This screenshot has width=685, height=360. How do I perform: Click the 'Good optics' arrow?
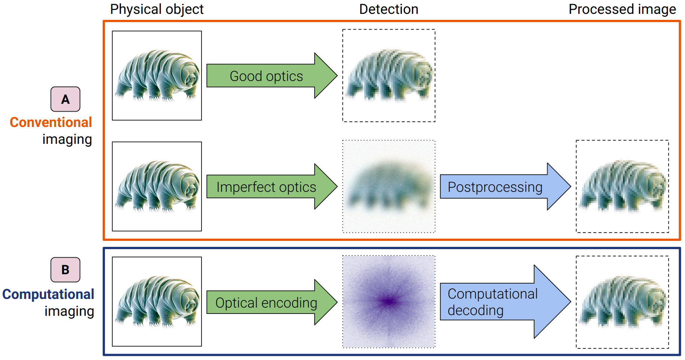(267, 76)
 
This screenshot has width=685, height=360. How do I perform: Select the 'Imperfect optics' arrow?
(267, 187)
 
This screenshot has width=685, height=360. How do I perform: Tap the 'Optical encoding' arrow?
(267, 303)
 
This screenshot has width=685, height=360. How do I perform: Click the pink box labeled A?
(66, 99)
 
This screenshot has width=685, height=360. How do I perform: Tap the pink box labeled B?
(66, 270)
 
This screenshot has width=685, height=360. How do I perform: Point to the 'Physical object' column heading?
(157, 9)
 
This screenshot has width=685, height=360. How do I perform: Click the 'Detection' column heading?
(389, 9)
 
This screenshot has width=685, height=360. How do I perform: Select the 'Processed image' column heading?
(622, 9)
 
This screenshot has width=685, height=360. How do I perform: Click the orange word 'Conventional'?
(51, 122)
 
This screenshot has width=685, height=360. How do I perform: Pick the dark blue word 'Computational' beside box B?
(48, 294)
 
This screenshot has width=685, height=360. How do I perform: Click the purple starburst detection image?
(389, 302)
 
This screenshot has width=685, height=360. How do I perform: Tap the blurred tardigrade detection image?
(389, 187)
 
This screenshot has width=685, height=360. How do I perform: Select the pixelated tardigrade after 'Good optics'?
(389, 76)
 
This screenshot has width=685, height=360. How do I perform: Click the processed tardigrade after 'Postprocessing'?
(622, 187)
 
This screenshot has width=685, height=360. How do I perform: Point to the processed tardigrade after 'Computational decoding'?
(622, 302)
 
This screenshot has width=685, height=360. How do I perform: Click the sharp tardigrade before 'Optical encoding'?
(157, 302)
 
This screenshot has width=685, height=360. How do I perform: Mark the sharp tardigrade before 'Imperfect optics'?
(157, 186)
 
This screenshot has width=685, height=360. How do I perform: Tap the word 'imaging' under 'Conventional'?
(67, 139)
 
